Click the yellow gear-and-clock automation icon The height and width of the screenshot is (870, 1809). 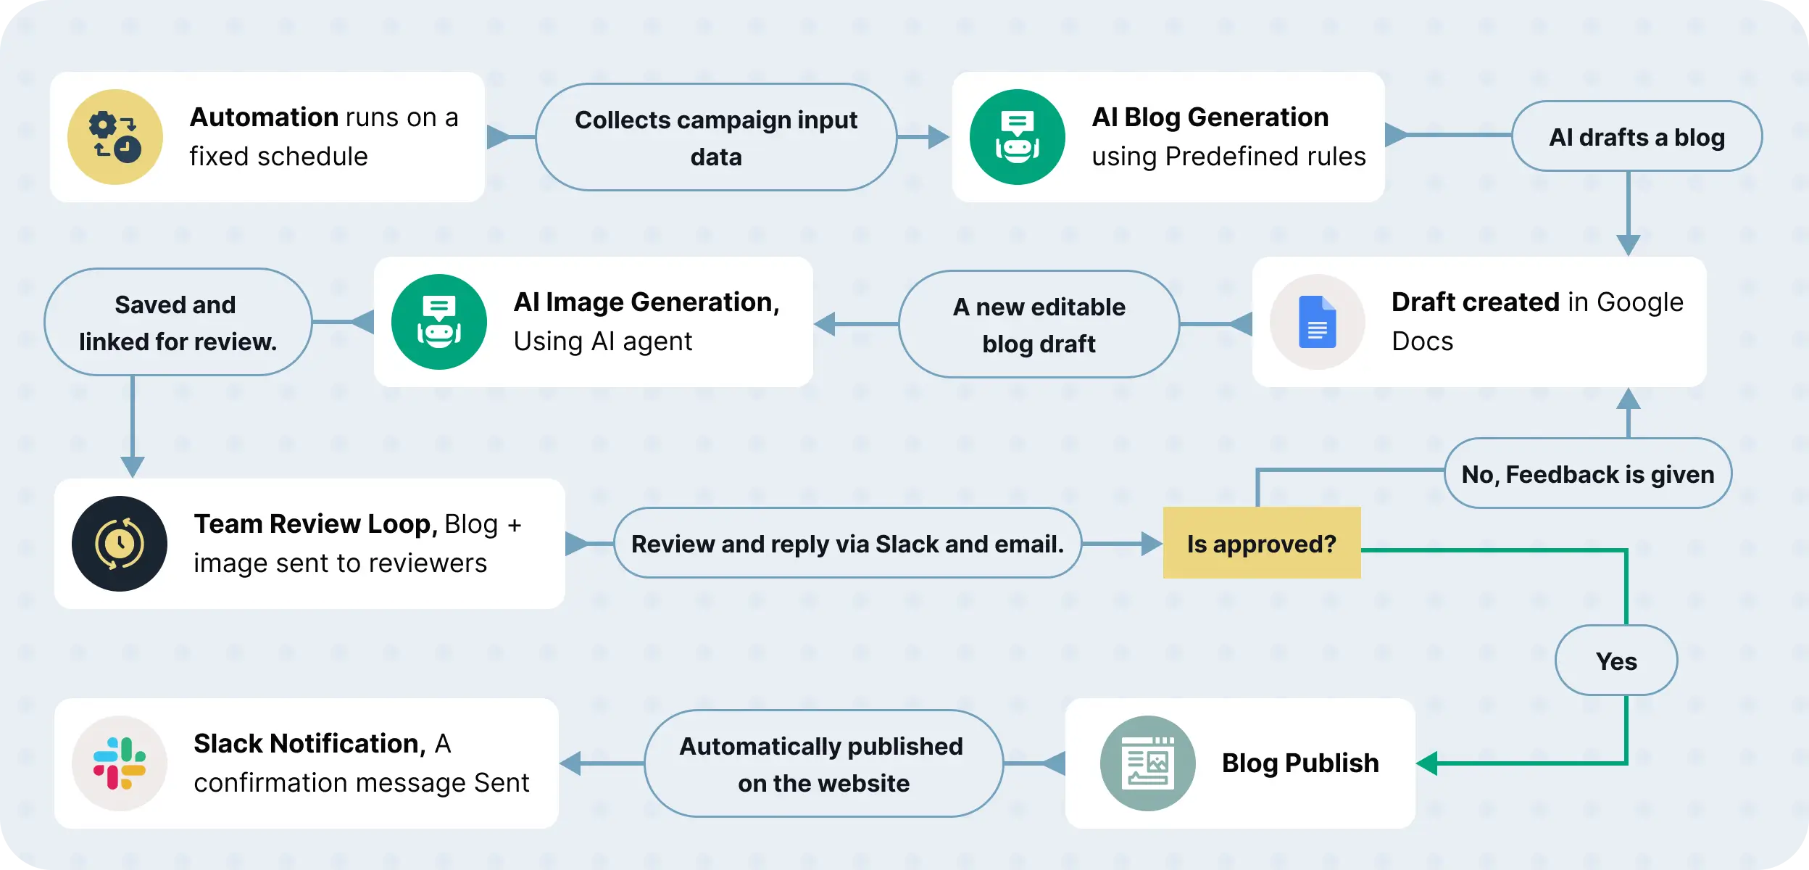115,137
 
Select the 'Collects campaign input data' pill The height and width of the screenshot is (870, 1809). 716,138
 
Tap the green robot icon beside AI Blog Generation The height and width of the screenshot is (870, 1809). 1017,137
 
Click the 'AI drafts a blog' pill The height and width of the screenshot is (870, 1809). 1637,137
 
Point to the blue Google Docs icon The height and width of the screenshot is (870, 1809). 1317,322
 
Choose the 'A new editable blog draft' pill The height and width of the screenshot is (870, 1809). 1039,325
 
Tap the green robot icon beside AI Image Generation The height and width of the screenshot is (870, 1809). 438,322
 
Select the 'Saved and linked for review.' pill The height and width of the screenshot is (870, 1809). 178,323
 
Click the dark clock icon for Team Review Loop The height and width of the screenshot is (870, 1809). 120,544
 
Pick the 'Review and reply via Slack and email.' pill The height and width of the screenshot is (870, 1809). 847,544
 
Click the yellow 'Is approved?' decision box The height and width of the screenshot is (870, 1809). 1261,543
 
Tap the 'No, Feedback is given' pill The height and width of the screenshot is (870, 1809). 1587,474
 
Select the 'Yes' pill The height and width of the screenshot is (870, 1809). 1615,660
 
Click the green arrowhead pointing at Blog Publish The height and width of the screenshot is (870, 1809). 1426,763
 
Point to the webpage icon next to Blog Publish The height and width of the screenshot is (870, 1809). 1147,763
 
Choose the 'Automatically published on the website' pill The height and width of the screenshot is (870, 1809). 823,764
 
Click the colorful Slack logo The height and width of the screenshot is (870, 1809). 120,763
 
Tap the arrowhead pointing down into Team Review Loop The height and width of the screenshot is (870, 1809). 133,466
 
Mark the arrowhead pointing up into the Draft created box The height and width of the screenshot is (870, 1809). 1629,399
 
